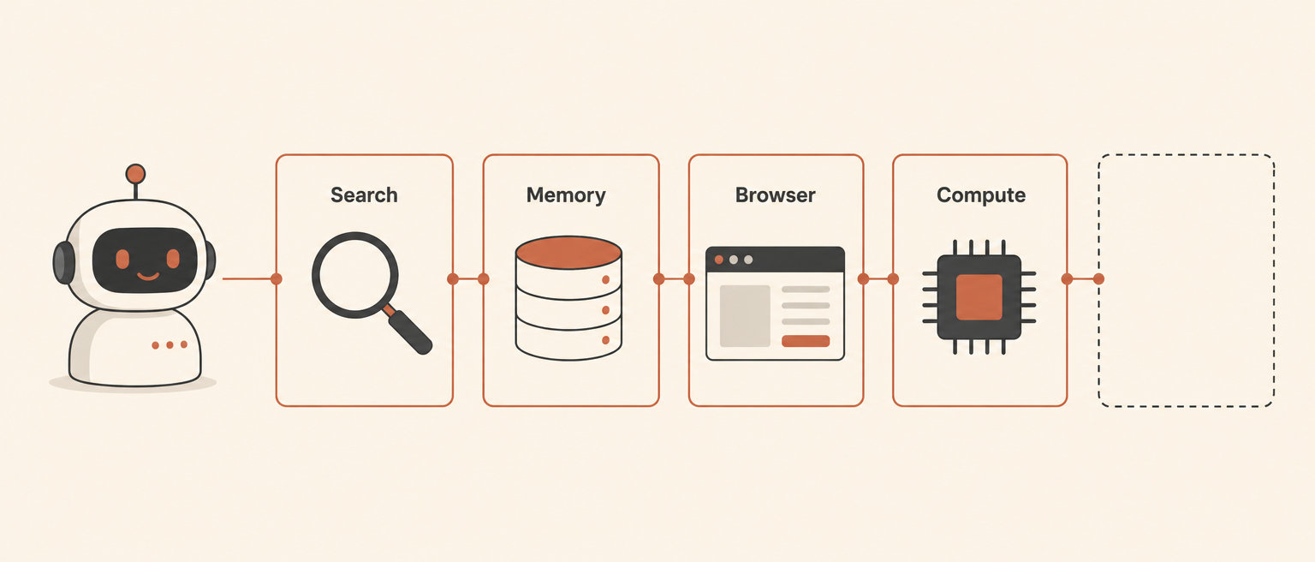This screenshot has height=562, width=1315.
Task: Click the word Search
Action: pyautogui.click(x=364, y=195)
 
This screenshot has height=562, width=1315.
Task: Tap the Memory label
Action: pyautogui.click(x=566, y=195)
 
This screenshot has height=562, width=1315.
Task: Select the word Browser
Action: pyautogui.click(x=775, y=195)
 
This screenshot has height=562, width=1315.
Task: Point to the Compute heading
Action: pyautogui.click(x=981, y=195)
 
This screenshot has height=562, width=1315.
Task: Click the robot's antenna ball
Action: pyautogui.click(x=135, y=174)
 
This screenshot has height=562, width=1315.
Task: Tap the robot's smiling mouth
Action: pyautogui.click(x=148, y=276)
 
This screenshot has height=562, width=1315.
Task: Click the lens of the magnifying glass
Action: pyautogui.click(x=354, y=275)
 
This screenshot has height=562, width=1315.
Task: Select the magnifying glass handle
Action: pyautogui.click(x=409, y=332)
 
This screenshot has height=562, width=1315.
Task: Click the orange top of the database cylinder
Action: pyautogui.click(x=568, y=253)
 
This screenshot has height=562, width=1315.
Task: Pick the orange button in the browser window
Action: pyautogui.click(x=806, y=341)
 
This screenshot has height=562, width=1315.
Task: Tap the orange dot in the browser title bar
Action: pyautogui.click(x=718, y=260)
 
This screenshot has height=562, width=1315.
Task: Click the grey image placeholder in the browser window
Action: pyautogui.click(x=745, y=316)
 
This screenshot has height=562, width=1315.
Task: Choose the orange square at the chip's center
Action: pyautogui.click(x=979, y=297)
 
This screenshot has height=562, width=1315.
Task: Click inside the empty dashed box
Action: pyautogui.click(x=1186, y=280)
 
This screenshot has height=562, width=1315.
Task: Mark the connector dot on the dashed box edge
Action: pyautogui.click(x=1099, y=279)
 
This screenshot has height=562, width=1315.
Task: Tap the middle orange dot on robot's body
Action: pyautogui.click(x=170, y=344)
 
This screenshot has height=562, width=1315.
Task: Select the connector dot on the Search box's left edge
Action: pyautogui.click(x=276, y=279)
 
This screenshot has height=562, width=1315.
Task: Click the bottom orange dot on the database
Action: pyautogui.click(x=606, y=340)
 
